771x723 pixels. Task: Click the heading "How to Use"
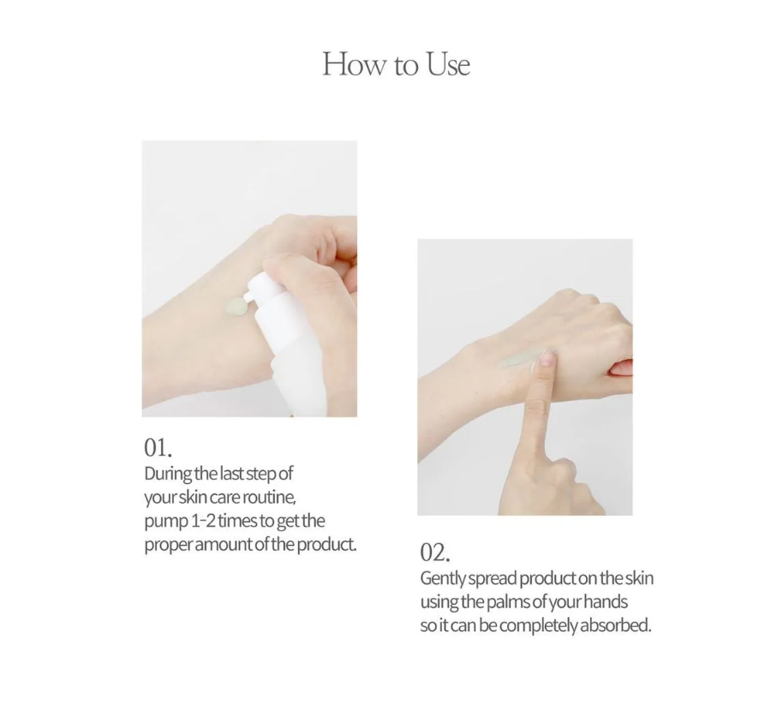click(x=396, y=64)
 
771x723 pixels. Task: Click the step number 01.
click(x=158, y=446)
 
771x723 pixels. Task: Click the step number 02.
click(x=435, y=552)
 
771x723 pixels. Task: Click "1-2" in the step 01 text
click(x=203, y=521)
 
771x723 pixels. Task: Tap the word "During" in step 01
click(x=168, y=473)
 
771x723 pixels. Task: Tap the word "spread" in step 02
click(x=493, y=578)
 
